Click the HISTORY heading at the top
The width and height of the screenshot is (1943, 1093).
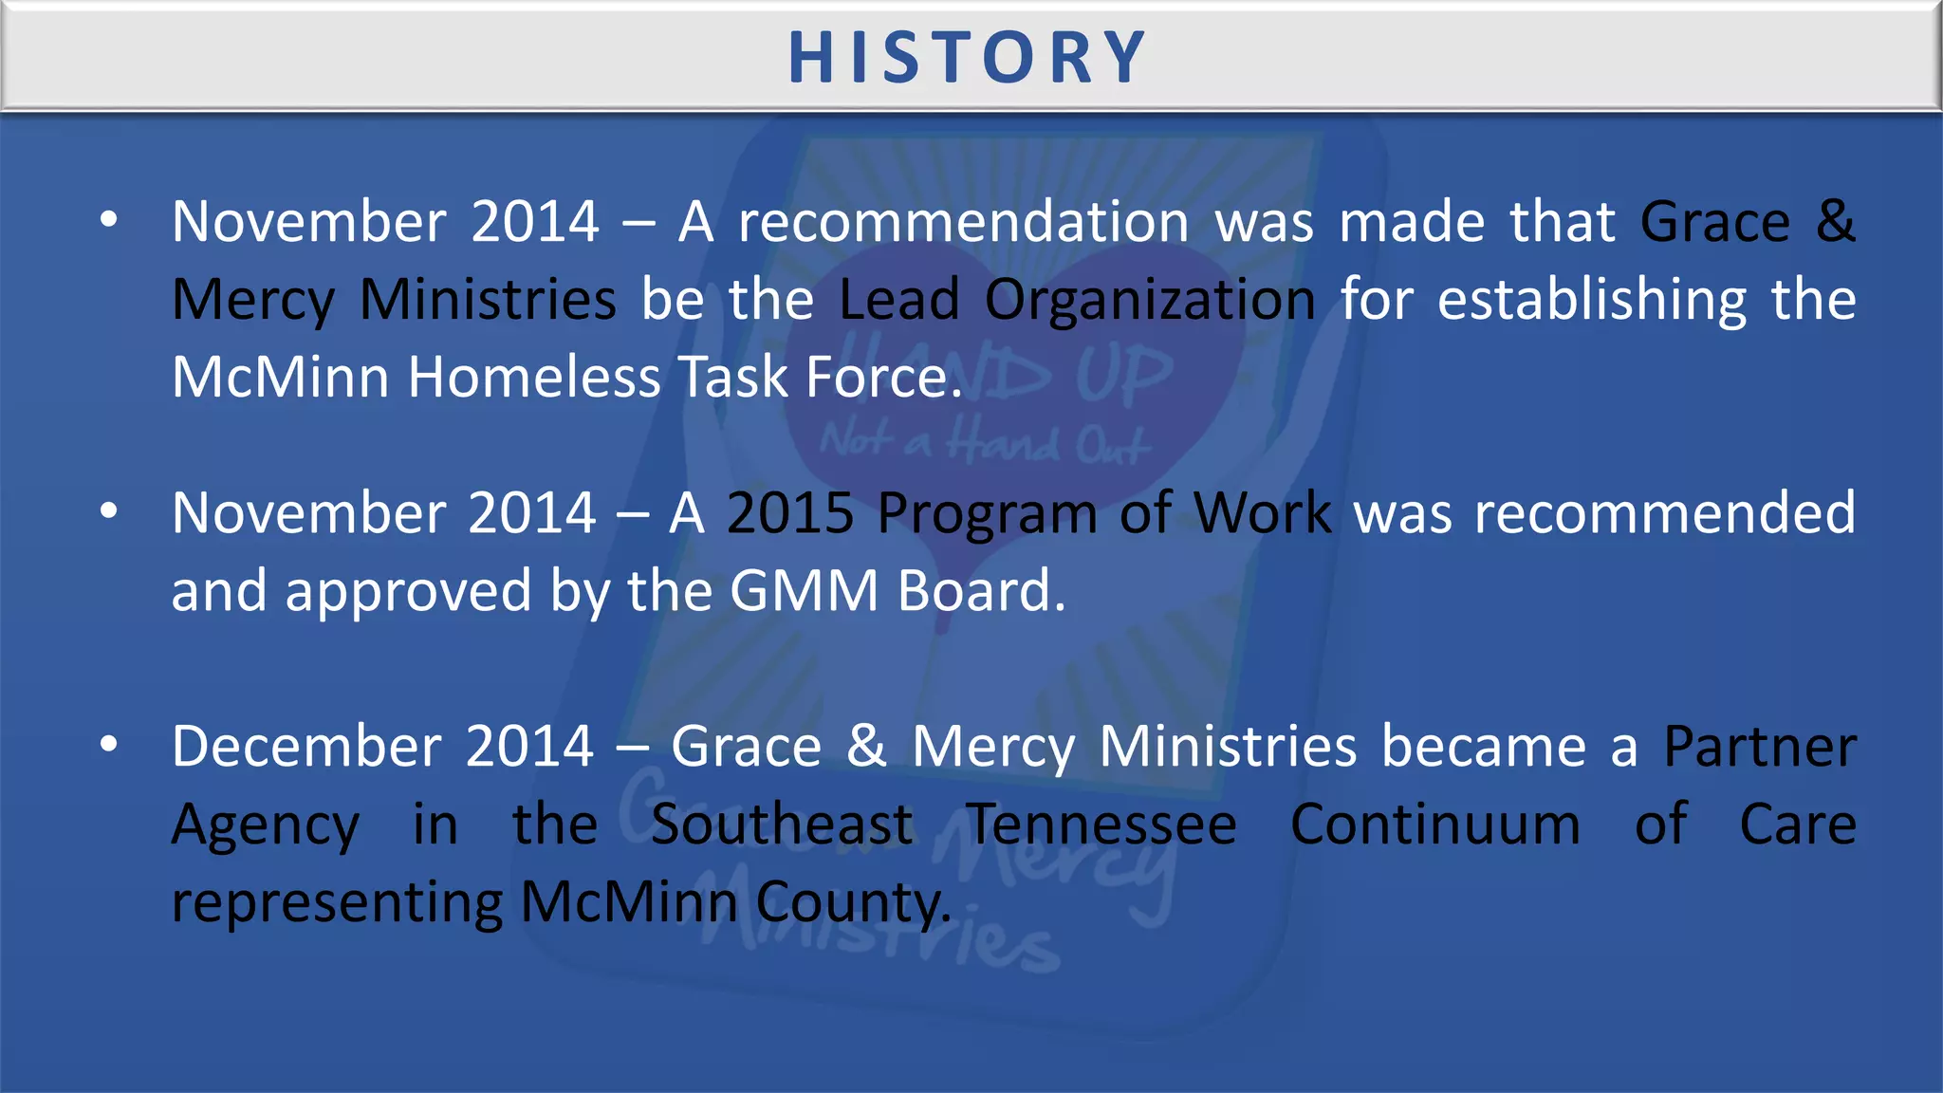coord(968,58)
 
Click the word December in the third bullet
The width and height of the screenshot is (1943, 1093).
coord(306,747)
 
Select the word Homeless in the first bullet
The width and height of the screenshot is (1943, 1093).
coord(533,378)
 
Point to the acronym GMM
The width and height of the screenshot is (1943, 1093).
coord(805,591)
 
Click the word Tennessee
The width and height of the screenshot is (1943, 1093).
coord(1101,824)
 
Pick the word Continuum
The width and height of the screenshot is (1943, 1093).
coord(1435,824)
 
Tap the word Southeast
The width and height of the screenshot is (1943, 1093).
coord(783,824)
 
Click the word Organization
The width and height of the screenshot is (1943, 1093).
coord(1150,302)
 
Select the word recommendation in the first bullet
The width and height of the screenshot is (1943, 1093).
coord(964,223)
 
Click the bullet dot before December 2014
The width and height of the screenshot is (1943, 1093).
coord(109,745)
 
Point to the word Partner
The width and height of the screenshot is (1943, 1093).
coord(1760,747)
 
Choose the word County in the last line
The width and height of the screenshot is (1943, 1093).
coord(852,903)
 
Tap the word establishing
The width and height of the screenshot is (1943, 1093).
coord(1592,302)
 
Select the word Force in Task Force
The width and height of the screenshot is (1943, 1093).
coord(883,378)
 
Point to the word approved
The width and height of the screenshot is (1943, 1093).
coord(408,593)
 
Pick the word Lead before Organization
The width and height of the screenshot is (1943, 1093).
coord(899,300)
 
